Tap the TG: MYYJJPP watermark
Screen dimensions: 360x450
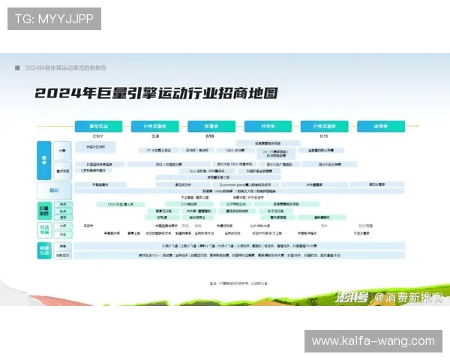54,19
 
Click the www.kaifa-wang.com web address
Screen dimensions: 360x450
373,341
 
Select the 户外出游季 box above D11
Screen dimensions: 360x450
324,126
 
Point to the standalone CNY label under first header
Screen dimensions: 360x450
97,136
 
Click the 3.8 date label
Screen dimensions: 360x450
155,136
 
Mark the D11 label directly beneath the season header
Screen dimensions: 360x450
324,136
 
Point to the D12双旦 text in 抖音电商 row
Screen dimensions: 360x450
365,225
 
